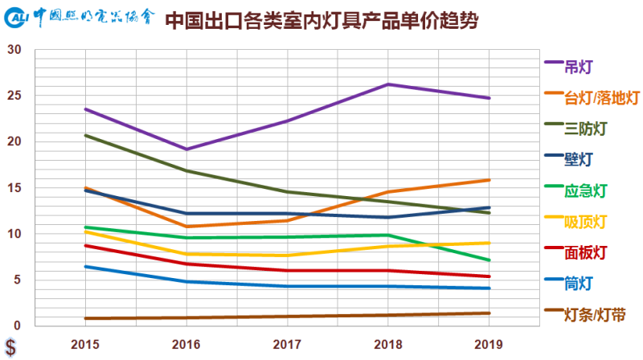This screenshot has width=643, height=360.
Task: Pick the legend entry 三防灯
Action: point(586,129)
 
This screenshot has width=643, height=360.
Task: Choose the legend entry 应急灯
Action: point(586,190)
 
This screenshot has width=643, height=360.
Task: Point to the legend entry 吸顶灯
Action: point(586,221)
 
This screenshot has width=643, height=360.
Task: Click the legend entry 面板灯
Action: point(586,252)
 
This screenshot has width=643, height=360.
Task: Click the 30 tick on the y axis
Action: point(13,50)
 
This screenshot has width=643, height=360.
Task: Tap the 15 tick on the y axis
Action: point(13,188)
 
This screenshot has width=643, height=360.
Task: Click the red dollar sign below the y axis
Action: point(10,348)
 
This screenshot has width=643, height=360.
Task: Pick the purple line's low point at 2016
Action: point(186,149)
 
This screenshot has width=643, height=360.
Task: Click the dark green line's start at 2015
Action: point(85,135)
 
